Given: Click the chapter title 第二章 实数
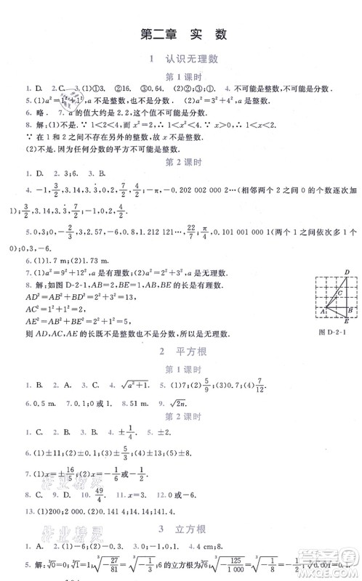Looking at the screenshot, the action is coord(180,33).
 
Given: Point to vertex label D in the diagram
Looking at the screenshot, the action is coord(345,273).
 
